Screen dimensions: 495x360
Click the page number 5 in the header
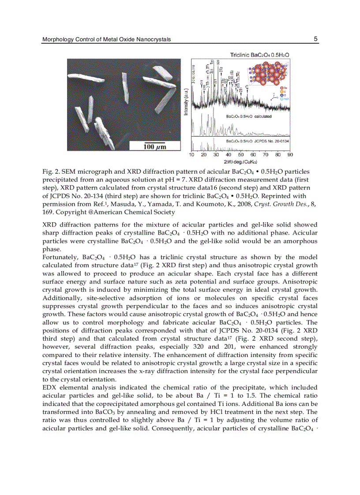tap(315, 39)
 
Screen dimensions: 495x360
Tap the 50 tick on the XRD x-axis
tap(241, 155)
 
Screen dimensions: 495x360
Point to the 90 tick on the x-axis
tap(290, 155)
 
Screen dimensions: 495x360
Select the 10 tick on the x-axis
tap(191, 155)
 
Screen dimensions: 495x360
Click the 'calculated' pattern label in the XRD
tap(262, 116)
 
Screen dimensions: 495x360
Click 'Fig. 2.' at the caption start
tap(50, 171)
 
